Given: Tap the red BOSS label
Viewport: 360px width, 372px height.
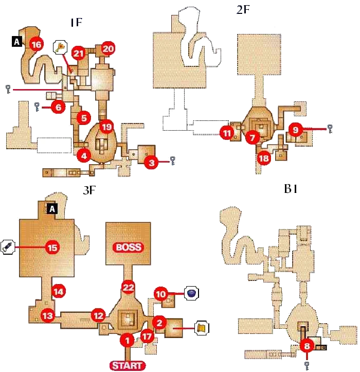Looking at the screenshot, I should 128,247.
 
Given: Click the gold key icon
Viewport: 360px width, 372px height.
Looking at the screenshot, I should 61,47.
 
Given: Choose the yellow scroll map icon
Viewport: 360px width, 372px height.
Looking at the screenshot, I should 202,327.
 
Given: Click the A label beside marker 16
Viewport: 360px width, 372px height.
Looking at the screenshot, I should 16,43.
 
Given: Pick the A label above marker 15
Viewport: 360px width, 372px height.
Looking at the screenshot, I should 51,209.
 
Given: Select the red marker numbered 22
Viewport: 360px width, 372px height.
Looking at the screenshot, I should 127,287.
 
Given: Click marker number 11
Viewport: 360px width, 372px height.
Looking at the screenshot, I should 227,133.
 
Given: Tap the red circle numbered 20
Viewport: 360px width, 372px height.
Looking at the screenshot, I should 107,49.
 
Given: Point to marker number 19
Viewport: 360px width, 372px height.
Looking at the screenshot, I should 106,127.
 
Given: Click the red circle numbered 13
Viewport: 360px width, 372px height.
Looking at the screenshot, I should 48,315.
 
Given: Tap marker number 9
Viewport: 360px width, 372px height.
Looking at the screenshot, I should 295,130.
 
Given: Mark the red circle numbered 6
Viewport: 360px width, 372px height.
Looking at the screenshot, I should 58,108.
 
